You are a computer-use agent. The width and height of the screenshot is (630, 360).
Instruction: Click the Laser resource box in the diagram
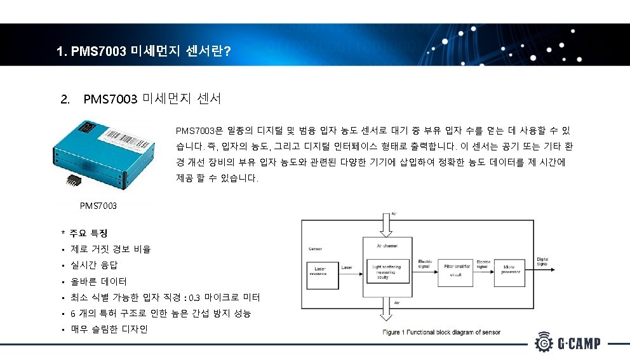coord(323,273)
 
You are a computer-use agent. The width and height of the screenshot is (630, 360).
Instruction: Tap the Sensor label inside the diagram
coord(315,249)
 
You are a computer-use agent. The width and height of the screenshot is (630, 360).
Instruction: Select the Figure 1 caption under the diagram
coord(441,332)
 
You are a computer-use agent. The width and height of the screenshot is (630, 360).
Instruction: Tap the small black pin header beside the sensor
coord(70,180)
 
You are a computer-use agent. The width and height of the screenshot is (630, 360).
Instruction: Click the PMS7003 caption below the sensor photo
coord(98,206)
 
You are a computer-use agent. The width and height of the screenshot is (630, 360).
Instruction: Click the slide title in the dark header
coord(143,50)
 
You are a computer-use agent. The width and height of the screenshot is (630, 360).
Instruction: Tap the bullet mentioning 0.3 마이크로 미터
coord(165,297)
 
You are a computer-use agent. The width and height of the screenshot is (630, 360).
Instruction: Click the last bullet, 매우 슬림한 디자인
coord(109,330)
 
